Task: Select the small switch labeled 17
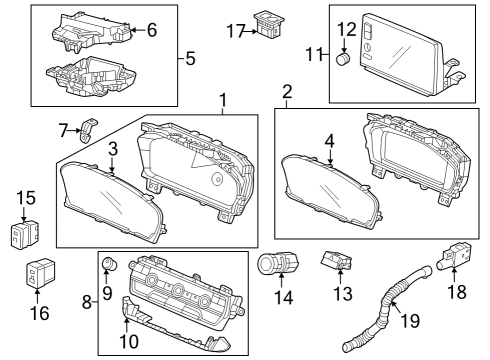[x=269, y=24]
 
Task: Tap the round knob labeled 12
[x=344, y=58]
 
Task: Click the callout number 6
[x=151, y=30]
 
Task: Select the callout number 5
[x=190, y=58]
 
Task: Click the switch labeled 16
[x=37, y=271]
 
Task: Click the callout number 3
[x=113, y=149]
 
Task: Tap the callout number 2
[x=287, y=93]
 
